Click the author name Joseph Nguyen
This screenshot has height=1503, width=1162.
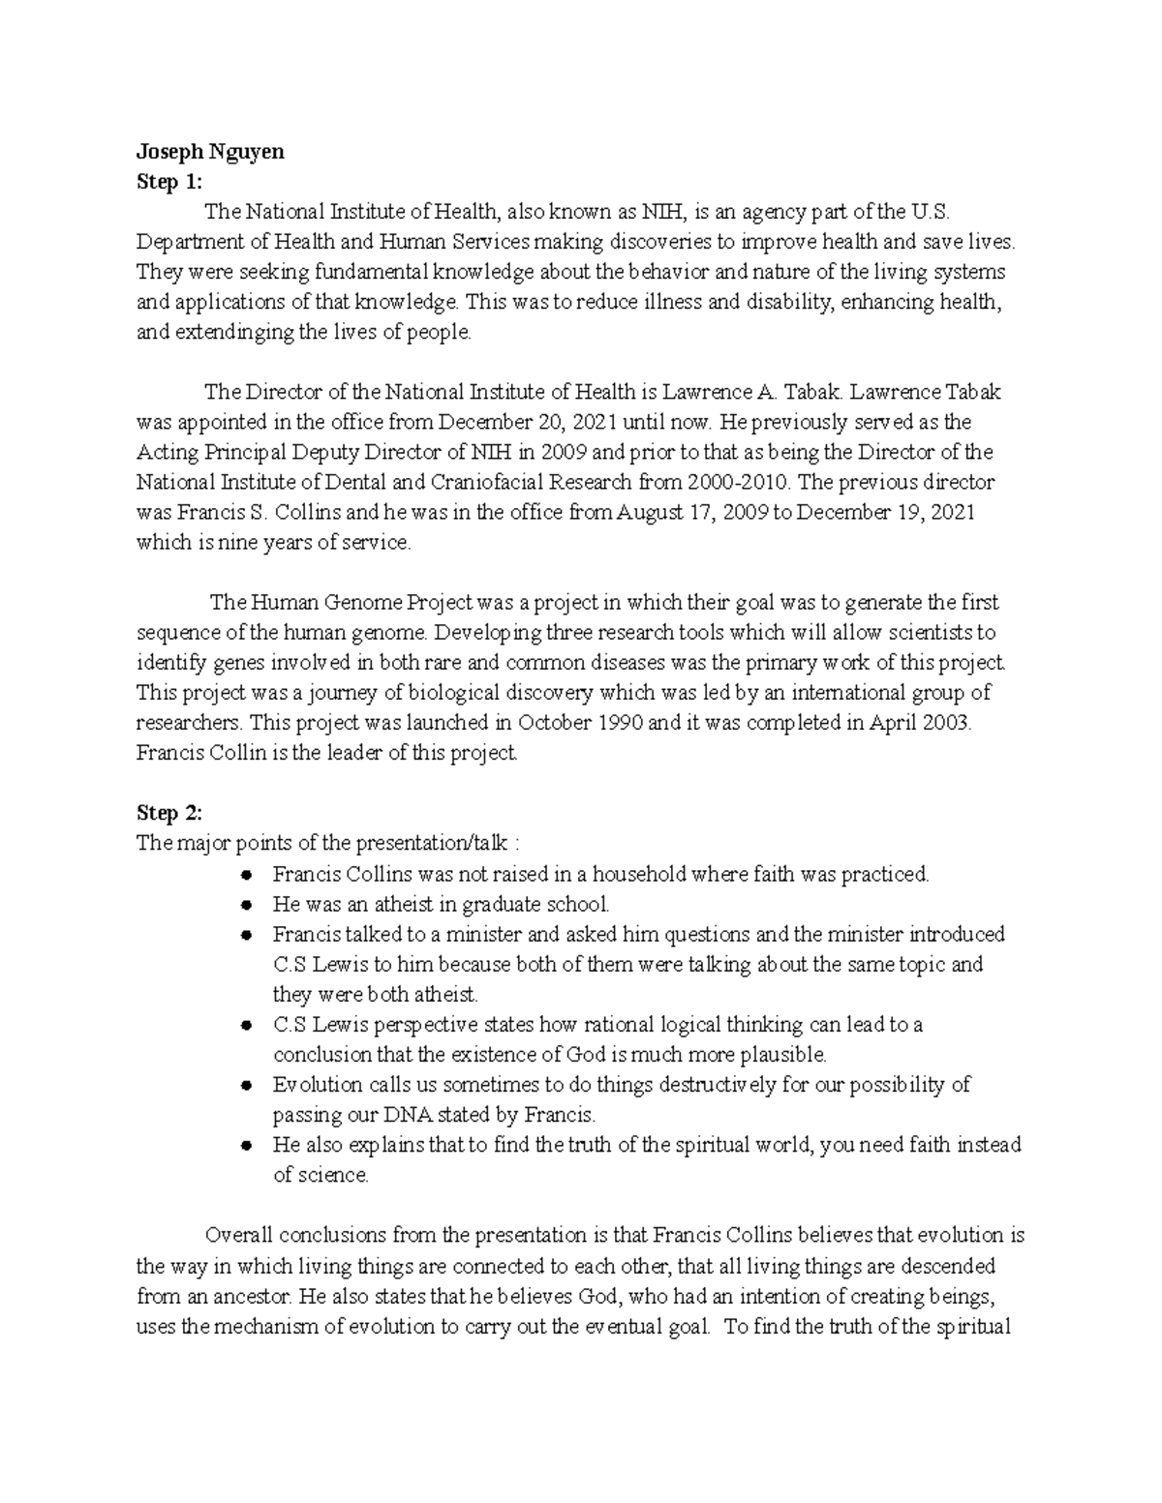pos(210,152)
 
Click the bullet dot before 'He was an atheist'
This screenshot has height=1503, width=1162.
pos(248,905)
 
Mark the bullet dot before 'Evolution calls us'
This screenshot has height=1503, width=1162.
pos(248,1085)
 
